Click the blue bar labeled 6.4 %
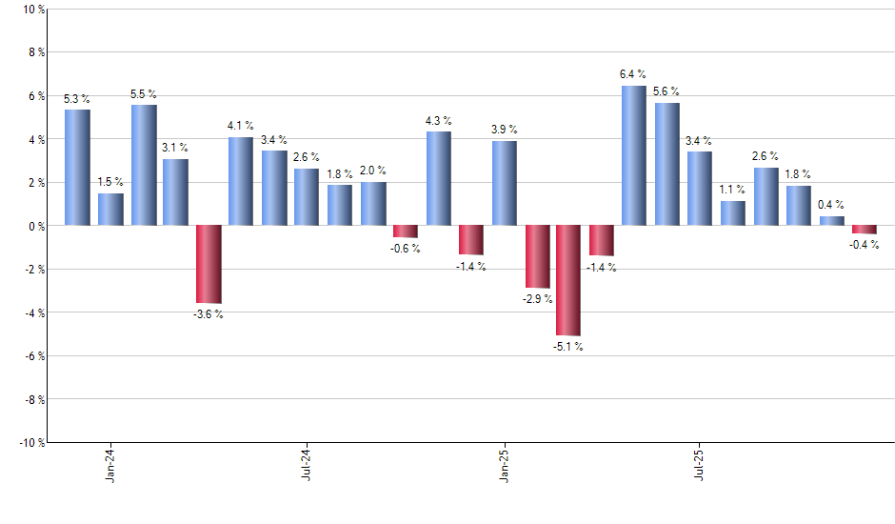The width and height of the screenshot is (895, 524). [x=634, y=155]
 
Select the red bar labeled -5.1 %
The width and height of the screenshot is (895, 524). [x=568, y=280]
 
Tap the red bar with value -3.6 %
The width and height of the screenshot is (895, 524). [x=209, y=264]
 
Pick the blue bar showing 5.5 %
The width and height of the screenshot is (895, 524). [x=144, y=165]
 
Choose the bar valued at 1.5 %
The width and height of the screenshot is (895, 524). [x=111, y=209]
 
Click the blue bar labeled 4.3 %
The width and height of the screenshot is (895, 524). [x=438, y=178]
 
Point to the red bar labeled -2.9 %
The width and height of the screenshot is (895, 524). [x=536, y=256]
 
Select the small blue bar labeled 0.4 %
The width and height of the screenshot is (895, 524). [x=831, y=221]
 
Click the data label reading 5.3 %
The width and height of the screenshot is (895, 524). [x=77, y=99]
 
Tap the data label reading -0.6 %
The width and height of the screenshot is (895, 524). [x=406, y=249]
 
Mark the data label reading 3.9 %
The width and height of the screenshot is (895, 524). [x=505, y=130]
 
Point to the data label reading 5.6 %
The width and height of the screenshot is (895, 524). [x=666, y=91]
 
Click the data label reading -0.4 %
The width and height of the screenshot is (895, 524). [x=864, y=245]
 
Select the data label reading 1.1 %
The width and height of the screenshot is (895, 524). [x=732, y=190]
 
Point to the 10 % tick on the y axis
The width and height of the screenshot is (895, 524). [x=32, y=10]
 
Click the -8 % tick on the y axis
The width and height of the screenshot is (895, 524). [x=32, y=399]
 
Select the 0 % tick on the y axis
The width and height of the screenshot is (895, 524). [x=36, y=226]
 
